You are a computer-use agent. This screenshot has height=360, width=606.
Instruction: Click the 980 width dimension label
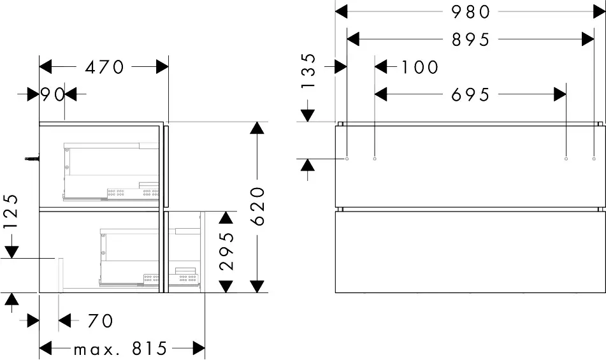(471, 11)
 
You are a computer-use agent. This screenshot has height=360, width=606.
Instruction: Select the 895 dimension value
(471, 40)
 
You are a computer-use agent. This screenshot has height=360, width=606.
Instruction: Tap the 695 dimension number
(471, 94)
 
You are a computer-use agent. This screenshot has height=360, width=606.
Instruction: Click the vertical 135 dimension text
(308, 71)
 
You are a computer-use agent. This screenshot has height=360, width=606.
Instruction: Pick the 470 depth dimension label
(105, 66)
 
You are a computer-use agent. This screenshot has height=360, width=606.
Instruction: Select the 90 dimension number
(53, 94)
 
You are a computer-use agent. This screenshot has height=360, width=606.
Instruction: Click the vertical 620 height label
(257, 206)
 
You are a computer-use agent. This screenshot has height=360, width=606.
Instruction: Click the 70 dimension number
(100, 320)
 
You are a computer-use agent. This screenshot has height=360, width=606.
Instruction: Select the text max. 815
(120, 349)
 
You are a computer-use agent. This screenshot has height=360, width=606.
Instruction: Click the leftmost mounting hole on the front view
(347, 158)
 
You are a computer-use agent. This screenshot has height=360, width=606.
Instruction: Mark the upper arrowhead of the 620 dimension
(256, 127)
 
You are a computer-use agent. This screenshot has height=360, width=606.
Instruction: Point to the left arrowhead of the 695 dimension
(381, 94)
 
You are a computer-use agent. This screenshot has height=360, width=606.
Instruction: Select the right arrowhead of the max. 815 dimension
(198, 349)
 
